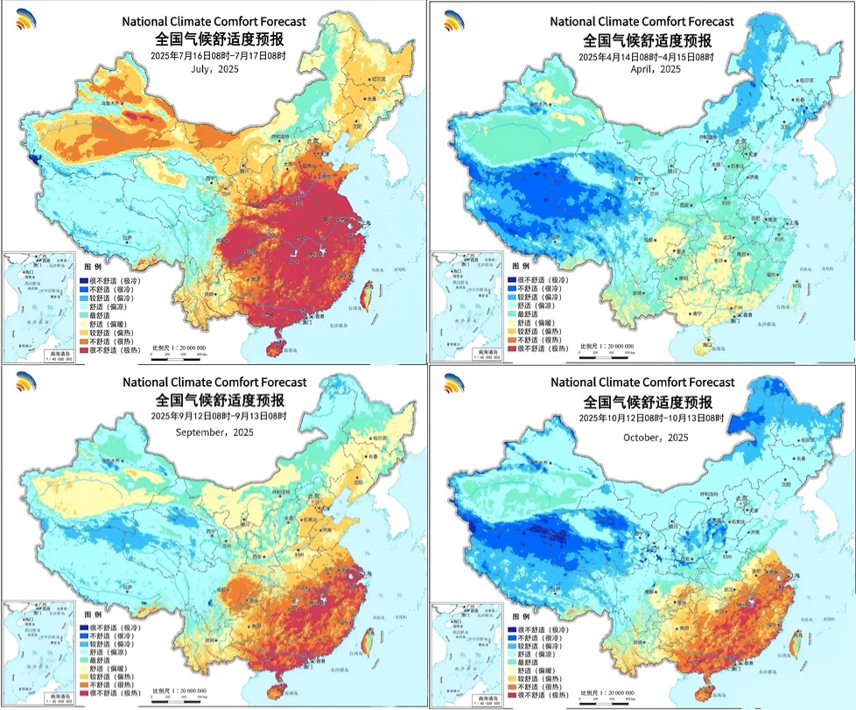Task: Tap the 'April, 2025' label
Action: coord(644,69)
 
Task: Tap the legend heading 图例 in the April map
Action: coord(524,264)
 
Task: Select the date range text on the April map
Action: coord(644,56)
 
